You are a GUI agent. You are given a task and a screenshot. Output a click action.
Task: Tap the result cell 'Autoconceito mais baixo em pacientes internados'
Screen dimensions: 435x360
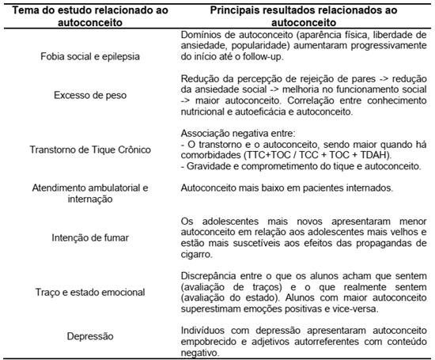[x=286, y=188]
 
